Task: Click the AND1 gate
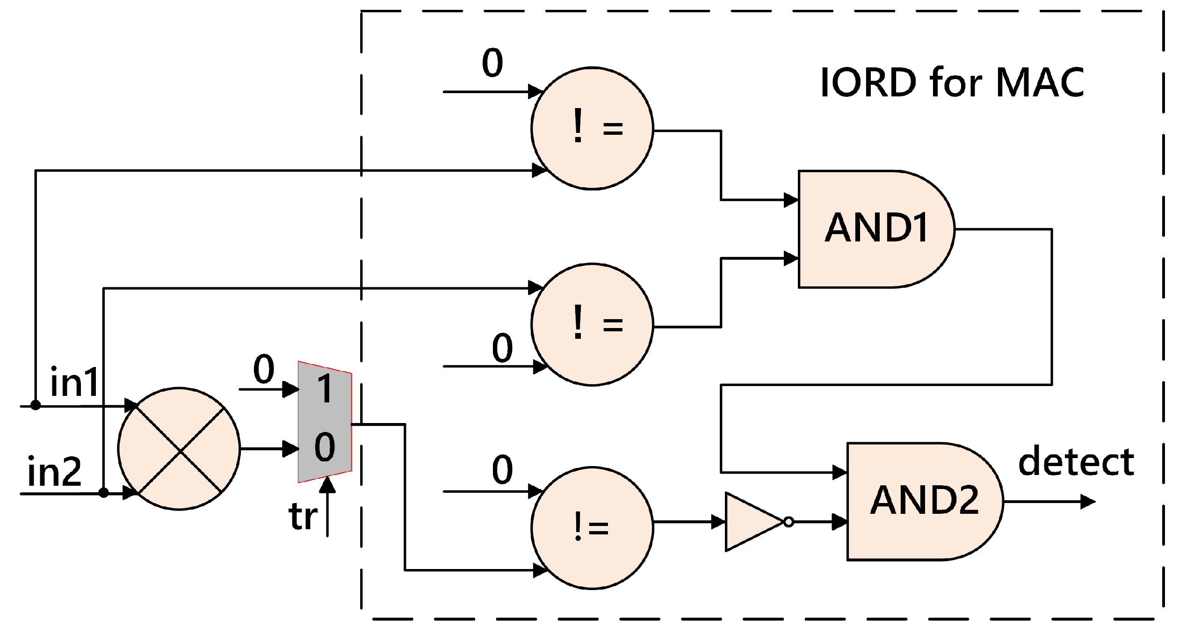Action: click(875, 229)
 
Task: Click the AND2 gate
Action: click(924, 501)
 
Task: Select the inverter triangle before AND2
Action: click(751, 521)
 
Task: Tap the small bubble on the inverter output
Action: click(788, 522)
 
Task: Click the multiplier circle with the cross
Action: click(179, 449)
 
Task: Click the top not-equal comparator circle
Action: click(592, 128)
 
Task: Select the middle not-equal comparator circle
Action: click(592, 325)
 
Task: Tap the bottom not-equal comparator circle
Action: click(592, 528)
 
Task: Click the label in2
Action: click(54, 472)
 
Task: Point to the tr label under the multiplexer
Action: click(303, 517)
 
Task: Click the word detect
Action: click(1076, 462)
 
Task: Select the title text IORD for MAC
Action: click(952, 82)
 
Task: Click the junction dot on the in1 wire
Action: click(36, 405)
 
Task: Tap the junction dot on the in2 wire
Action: click(103, 493)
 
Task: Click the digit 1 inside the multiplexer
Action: click(325, 388)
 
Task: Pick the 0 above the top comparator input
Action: click(492, 62)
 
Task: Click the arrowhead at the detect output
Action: click(1089, 502)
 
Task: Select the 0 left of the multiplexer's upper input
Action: click(264, 369)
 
